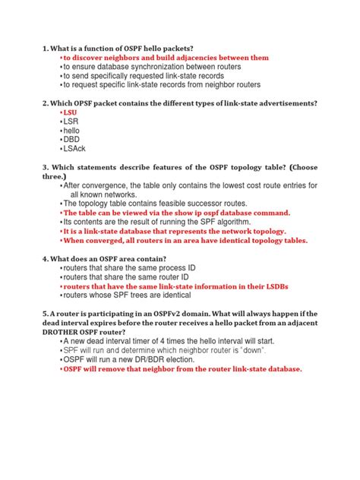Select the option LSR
[x=70, y=121]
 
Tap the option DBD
[x=71, y=140]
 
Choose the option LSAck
[x=73, y=150]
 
